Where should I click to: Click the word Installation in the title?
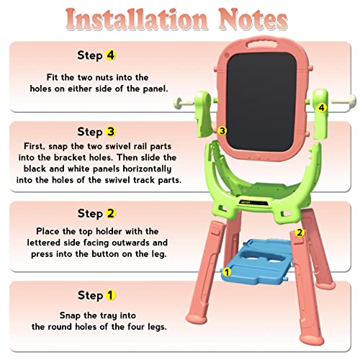(x=136, y=19)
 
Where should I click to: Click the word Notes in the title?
(x=253, y=19)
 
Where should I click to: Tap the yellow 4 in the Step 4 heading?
(x=110, y=55)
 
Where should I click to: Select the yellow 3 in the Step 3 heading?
(x=110, y=132)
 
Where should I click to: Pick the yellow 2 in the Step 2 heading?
(x=110, y=213)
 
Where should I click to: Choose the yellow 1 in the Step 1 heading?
(x=110, y=295)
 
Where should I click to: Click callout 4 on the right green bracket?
(x=322, y=107)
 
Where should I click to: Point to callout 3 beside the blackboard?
(x=222, y=131)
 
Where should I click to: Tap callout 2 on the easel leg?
(x=300, y=233)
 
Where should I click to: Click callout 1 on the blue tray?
(x=227, y=272)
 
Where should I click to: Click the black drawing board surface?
(x=261, y=102)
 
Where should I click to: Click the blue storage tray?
(x=257, y=261)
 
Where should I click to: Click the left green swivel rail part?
(x=203, y=114)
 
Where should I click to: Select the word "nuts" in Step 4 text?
(x=104, y=78)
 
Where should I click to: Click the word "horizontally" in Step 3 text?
(x=147, y=168)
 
